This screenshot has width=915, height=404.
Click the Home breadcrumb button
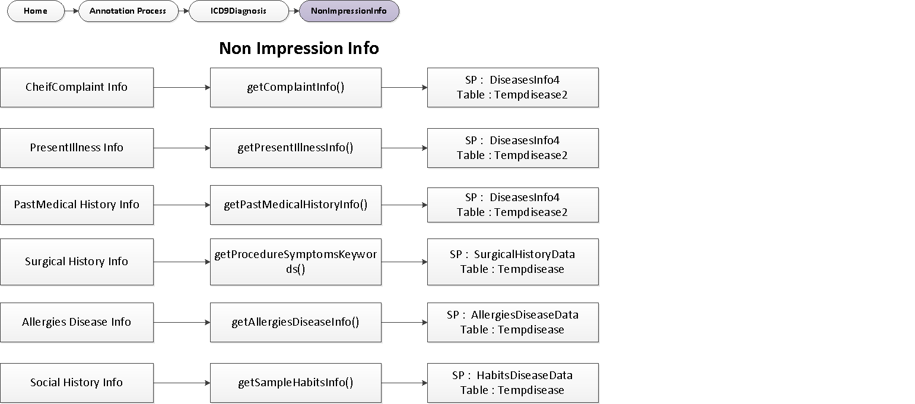click(36, 11)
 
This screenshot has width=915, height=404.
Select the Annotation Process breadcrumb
click(128, 11)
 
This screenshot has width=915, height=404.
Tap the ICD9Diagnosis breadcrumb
click(239, 11)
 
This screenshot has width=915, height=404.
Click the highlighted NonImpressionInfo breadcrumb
click(349, 11)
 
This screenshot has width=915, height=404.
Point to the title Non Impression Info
click(298, 48)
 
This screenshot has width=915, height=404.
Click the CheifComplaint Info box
click(77, 87)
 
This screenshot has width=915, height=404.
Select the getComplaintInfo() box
click(296, 87)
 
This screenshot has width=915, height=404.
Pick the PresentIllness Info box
click(77, 148)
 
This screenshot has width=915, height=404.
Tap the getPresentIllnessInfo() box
click(296, 148)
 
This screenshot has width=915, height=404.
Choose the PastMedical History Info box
click(77, 205)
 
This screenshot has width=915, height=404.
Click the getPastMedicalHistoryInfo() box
click(296, 205)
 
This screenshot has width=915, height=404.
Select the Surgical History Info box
click(77, 262)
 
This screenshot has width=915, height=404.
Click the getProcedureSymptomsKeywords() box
click(296, 262)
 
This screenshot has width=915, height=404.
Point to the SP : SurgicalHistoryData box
click(513, 262)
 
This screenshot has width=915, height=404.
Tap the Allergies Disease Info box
click(77, 322)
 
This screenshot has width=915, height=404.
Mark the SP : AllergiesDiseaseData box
click(513, 322)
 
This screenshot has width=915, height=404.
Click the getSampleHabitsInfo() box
click(296, 383)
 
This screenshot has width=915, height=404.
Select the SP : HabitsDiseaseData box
click(513, 383)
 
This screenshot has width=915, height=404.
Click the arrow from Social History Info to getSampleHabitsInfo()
click(182, 383)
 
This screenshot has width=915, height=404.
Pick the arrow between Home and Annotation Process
click(71, 11)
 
